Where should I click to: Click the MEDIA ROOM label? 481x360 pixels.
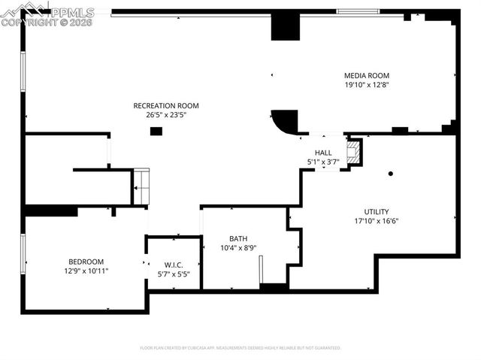click(x=366, y=75)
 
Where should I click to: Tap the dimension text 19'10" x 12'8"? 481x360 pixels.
click(x=366, y=85)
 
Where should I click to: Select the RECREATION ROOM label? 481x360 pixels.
click(x=166, y=105)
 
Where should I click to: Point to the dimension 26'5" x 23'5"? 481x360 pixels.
click(x=166, y=115)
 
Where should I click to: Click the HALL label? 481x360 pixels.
click(x=323, y=153)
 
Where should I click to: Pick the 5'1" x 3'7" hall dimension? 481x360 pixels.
click(x=323, y=162)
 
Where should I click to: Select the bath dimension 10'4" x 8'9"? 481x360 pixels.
click(x=238, y=248)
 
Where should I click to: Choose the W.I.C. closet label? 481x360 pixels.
click(x=174, y=265)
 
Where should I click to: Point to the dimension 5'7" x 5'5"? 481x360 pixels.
click(x=174, y=274)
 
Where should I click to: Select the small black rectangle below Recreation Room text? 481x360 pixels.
click(x=156, y=132)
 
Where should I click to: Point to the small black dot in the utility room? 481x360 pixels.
click(x=391, y=174)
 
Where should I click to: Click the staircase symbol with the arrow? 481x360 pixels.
click(x=141, y=186)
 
